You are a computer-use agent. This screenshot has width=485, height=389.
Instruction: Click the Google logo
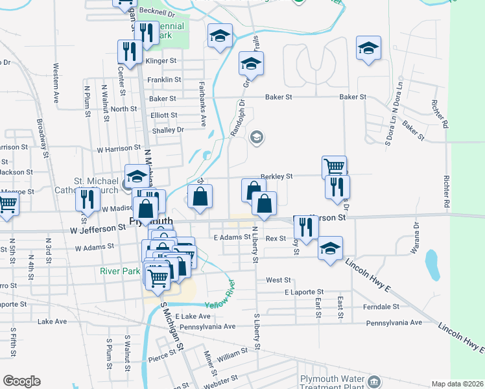click(x=21, y=381)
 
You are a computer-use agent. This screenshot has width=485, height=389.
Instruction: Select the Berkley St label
click(x=277, y=176)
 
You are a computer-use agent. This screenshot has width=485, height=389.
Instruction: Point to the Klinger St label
click(x=161, y=61)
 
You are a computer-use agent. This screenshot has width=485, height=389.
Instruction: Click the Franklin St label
click(x=164, y=80)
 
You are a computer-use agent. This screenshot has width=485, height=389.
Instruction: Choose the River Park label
click(x=120, y=271)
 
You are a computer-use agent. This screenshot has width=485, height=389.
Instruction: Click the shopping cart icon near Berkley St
click(x=334, y=167)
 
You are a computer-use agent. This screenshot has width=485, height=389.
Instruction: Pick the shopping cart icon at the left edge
click(x=6, y=204)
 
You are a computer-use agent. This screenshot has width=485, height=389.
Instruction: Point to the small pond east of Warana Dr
click(x=432, y=263)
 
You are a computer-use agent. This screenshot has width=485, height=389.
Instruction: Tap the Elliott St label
click(x=164, y=115)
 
